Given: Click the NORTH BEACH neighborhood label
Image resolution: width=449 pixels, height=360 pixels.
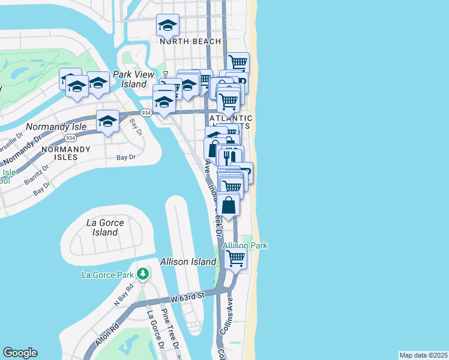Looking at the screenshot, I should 190,41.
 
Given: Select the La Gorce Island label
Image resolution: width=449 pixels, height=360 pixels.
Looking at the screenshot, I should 106,227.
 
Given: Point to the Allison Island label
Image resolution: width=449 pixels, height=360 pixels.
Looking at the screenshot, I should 187,262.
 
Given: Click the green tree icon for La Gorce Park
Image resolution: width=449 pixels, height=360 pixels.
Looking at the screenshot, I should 142,274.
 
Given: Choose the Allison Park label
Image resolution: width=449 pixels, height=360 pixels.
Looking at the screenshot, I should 245,245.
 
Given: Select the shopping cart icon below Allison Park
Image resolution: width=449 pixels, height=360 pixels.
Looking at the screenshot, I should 236,259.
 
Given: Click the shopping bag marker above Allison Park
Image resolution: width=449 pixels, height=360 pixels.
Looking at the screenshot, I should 229,205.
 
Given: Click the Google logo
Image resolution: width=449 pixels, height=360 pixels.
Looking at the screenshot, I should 20,353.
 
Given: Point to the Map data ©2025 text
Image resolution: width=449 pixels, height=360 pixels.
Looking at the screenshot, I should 423,355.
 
